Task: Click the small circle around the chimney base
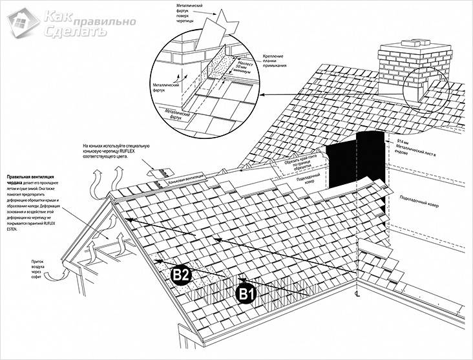pos(423,92)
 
